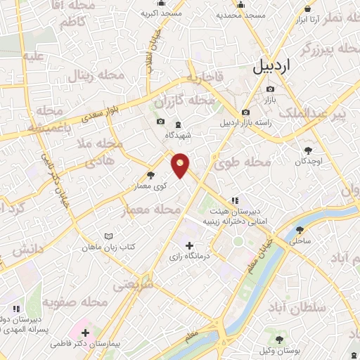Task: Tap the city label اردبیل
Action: (x=271, y=68)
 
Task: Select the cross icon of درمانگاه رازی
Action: (x=189, y=245)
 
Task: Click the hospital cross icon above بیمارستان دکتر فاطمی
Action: (x=86, y=332)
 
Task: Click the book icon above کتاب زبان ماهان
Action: (x=108, y=237)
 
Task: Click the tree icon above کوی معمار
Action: (x=150, y=176)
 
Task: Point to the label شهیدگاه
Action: (x=178, y=135)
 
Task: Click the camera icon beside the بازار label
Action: (x=271, y=89)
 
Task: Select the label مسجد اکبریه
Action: (x=161, y=13)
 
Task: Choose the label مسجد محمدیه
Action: (x=240, y=14)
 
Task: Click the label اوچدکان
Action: (x=308, y=161)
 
